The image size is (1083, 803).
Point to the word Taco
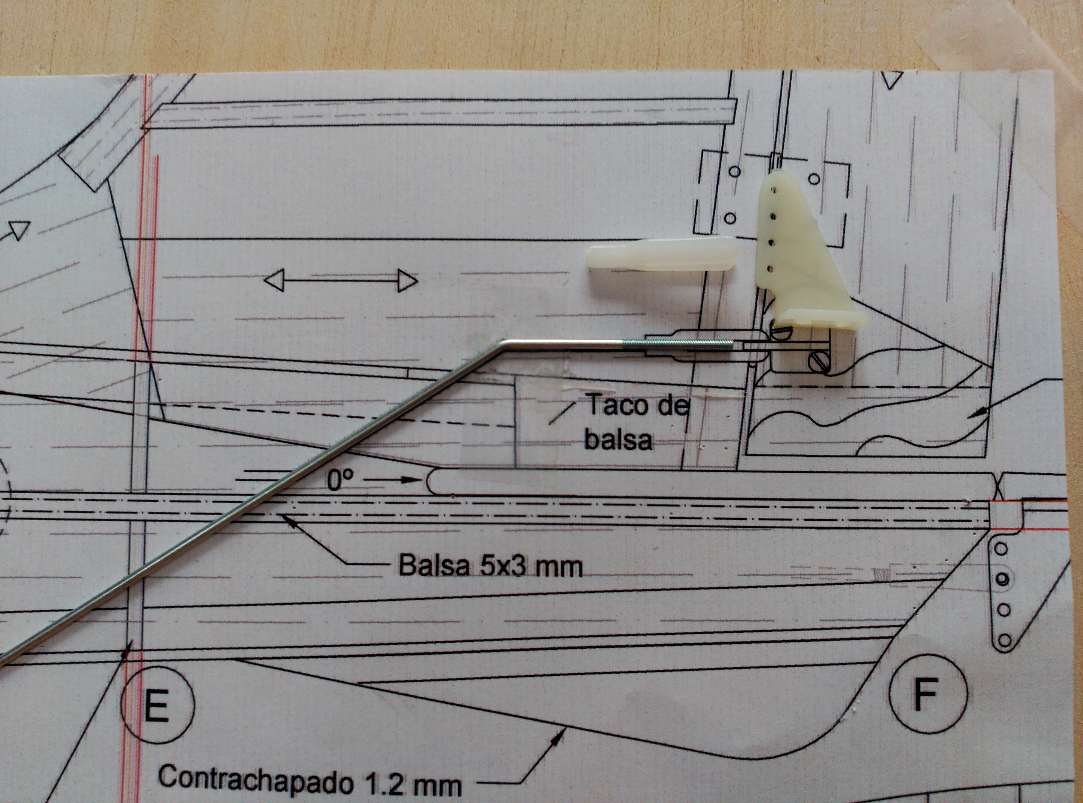pos(617,404)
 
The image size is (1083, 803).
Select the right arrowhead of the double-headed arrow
pos(407,281)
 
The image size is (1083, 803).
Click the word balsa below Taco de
pos(618,439)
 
